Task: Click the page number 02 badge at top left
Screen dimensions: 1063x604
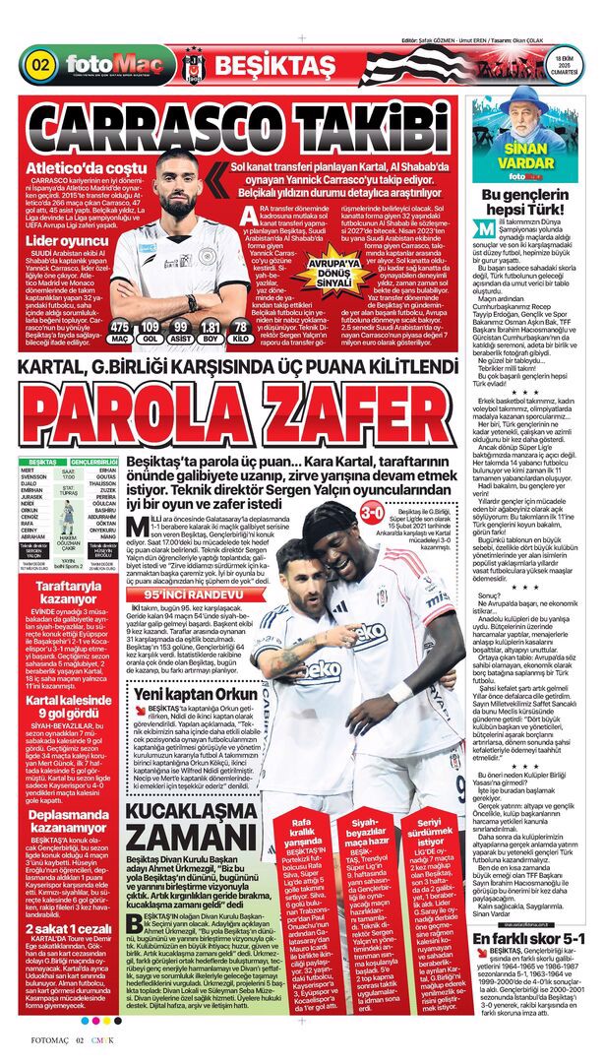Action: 41,65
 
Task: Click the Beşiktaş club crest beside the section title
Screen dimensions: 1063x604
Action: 193,66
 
